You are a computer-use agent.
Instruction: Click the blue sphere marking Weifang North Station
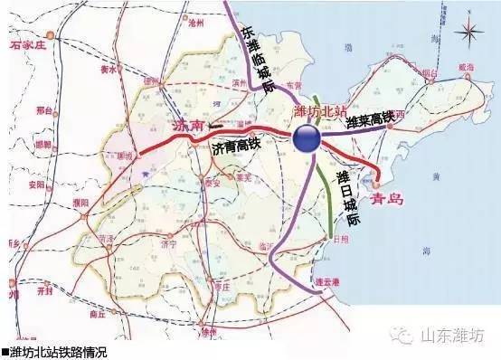pyautogui.click(x=306, y=138)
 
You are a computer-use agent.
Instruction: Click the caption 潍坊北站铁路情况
pyautogui.click(x=55, y=352)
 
